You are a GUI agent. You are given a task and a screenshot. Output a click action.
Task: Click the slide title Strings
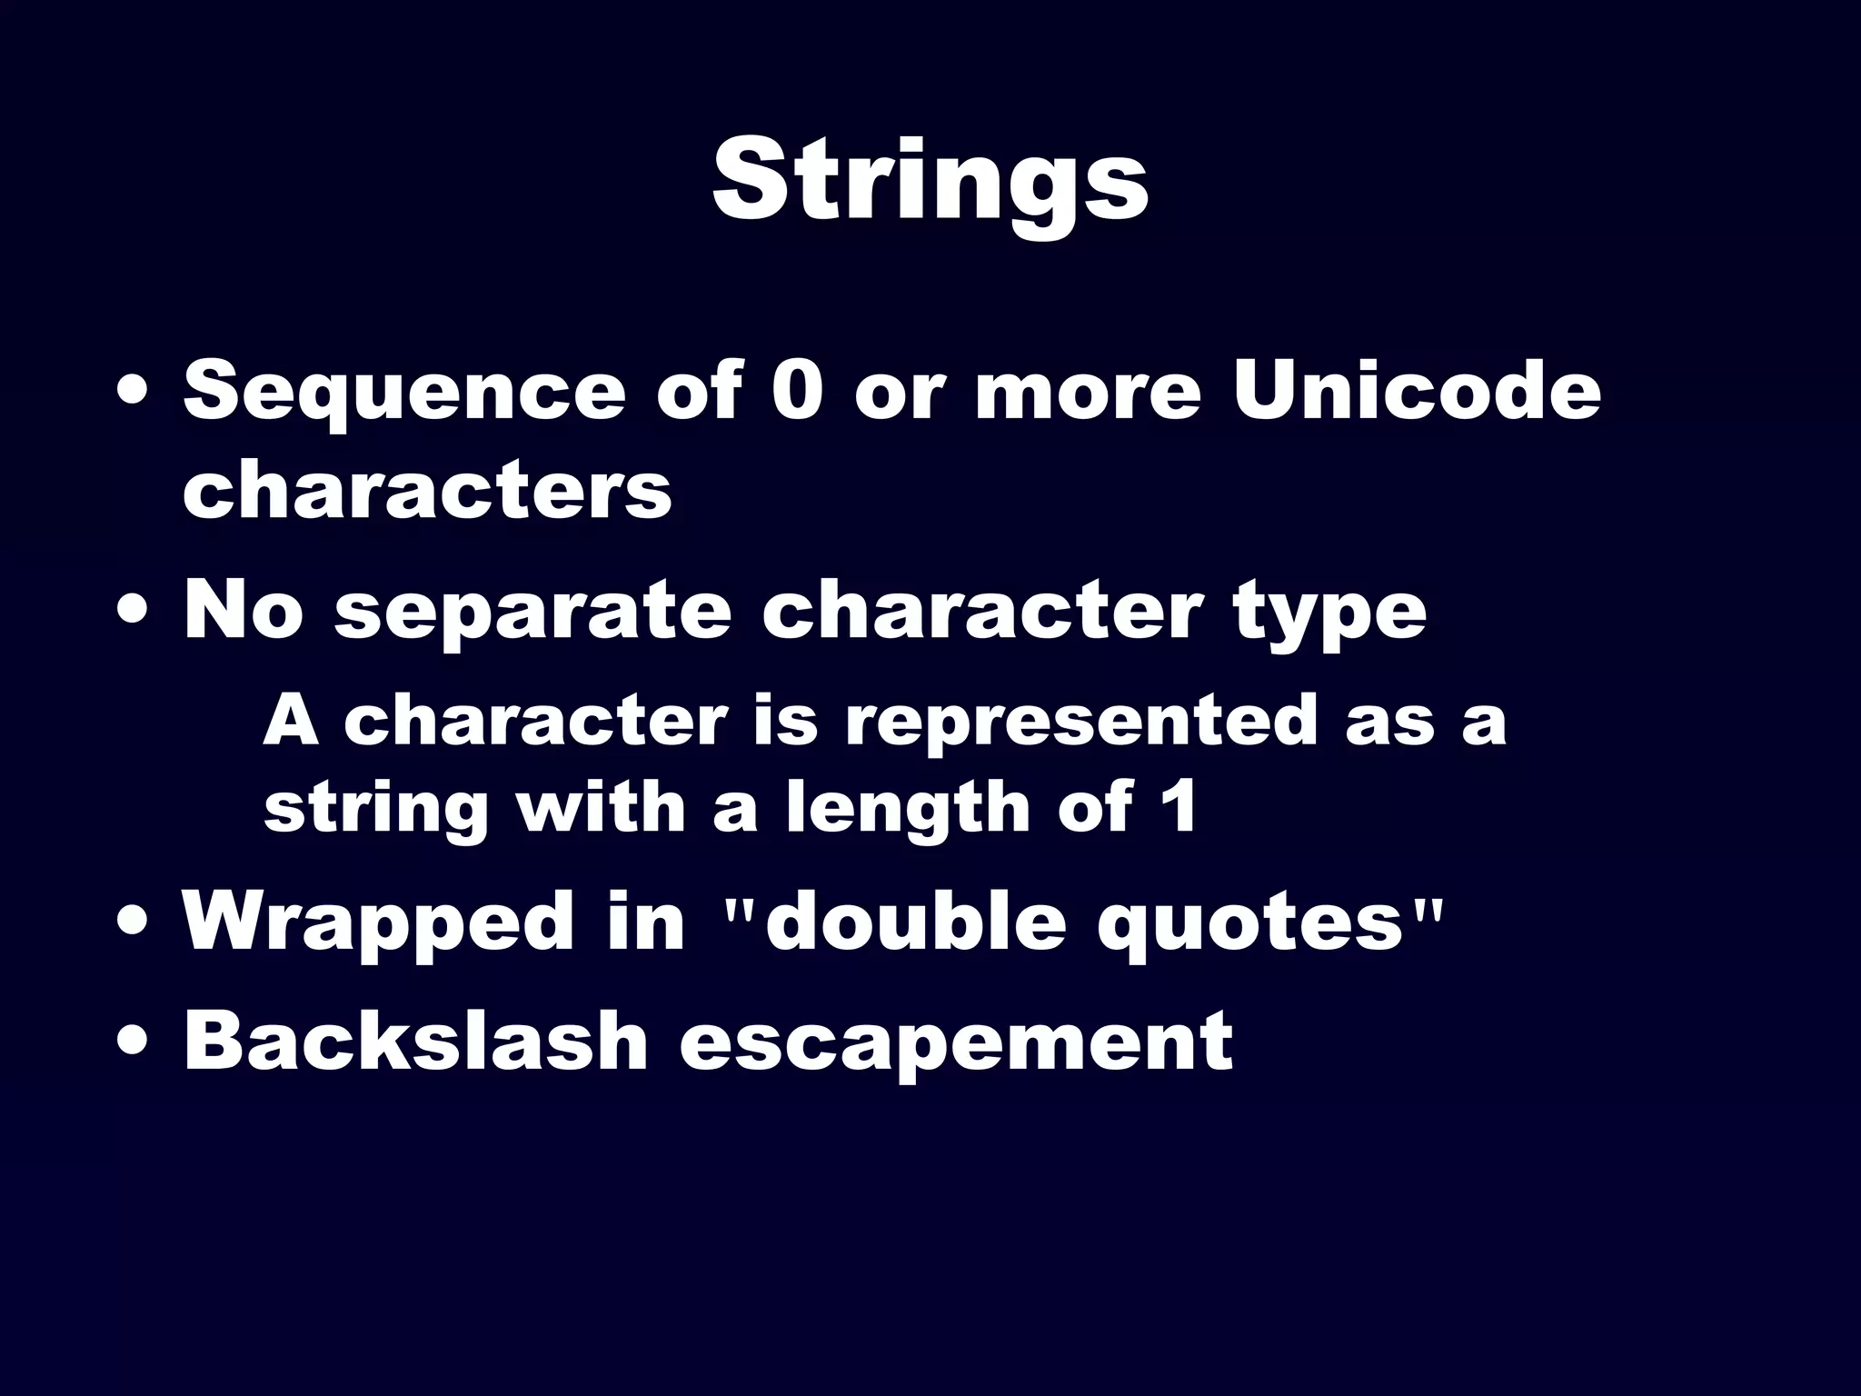click(x=930, y=182)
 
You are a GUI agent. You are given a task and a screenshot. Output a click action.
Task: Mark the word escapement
click(x=956, y=1043)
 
